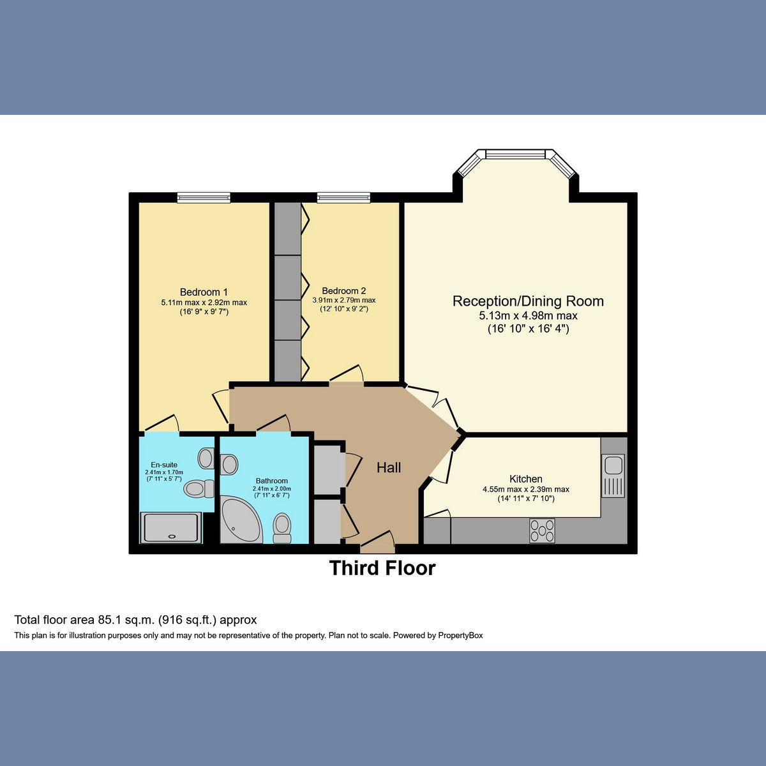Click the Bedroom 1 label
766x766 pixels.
pos(204,292)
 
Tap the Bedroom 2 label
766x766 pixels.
pos(343,290)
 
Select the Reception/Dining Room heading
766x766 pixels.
pos(528,301)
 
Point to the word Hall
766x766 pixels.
pos(389,468)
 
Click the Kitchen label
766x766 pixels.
pos(526,479)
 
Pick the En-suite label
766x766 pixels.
pos(164,465)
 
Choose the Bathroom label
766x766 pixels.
pos(272,481)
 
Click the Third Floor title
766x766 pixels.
pos(382,568)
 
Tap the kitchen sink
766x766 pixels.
pos(613,476)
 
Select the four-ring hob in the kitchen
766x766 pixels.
pos(542,530)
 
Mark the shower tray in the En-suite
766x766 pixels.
pos(171,528)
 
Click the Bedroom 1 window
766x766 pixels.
pos(204,198)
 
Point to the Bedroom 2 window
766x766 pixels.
pos(343,198)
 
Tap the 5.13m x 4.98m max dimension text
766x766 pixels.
pos(528,316)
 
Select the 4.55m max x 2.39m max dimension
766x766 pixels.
pos(526,490)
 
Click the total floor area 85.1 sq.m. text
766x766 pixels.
pos(135,620)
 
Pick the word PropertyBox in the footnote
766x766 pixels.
pos(460,636)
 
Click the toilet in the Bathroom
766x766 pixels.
pos(282,528)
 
